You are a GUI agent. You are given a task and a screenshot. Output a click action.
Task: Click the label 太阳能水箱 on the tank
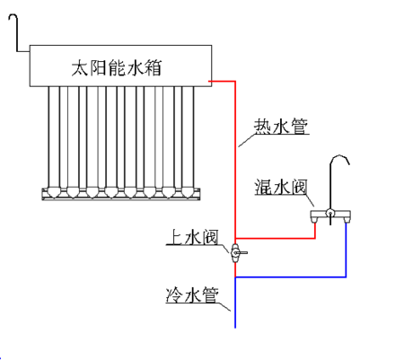(117, 66)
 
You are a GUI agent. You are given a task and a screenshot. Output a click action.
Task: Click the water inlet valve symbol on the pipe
(235, 254)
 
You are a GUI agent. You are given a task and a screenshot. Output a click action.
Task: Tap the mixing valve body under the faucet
(329, 215)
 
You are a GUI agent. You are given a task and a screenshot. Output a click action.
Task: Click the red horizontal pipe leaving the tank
(222, 82)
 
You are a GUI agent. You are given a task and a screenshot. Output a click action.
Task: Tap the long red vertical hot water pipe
(235, 162)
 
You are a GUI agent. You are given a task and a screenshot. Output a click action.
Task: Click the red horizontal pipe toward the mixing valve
(275, 239)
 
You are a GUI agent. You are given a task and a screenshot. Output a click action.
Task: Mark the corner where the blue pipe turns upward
(346, 277)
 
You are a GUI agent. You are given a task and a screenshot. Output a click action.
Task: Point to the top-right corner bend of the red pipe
(235, 82)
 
